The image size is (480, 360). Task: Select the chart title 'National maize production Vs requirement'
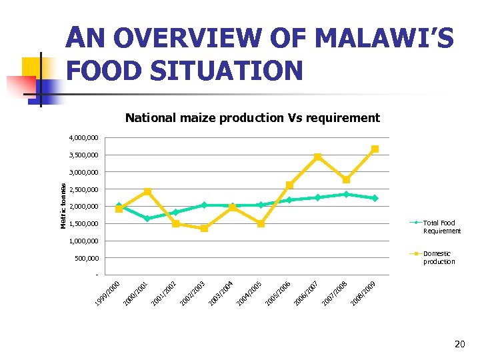pos(253,118)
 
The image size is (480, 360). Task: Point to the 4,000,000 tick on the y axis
pos(83,138)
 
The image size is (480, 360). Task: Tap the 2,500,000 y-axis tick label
pos(83,189)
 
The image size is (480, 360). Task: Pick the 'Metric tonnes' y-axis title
pos(63,206)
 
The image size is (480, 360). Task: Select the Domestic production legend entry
pos(438,257)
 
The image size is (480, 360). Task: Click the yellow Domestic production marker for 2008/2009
pos(375,149)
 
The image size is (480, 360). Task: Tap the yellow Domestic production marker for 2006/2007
pos(318,157)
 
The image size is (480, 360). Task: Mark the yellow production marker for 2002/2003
pos(204,229)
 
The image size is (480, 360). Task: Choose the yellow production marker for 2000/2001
pos(147,191)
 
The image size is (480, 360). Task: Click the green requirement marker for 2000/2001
pos(147,219)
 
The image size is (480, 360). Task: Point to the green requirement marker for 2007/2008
pos(346,194)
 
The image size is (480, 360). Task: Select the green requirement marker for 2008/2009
pos(375,198)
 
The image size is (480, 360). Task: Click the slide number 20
pos(459,345)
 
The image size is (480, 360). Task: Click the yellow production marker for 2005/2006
pos(289,185)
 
